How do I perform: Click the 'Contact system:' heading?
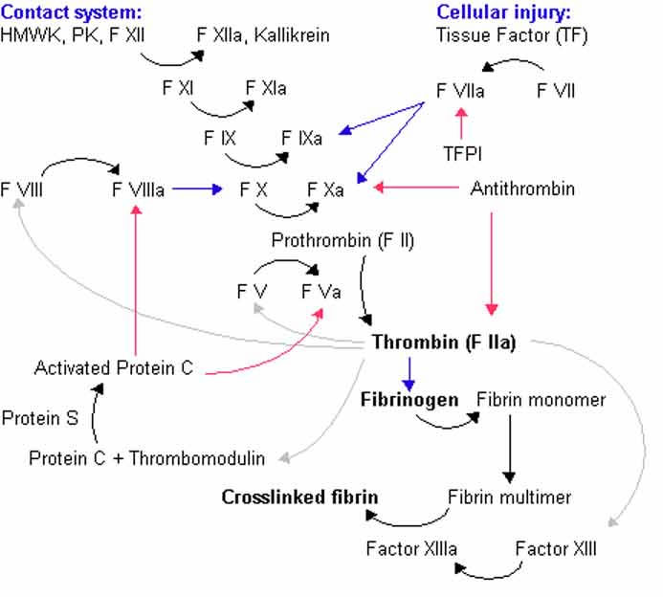[x=71, y=12]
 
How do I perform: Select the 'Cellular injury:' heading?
[x=503, y=12]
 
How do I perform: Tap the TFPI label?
[x=462, y=153]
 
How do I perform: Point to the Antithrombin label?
[x=522, y=188]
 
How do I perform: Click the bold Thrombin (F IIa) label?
[x=444, y=343]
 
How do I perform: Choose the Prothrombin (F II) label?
[x=343, y=240]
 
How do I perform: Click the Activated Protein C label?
[x=114, y=367]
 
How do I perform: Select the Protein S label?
[x=40, y=418]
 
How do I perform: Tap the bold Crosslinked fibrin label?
[x=299, y=497]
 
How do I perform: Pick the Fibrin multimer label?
[x=510, y=497]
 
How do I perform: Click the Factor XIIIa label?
[x=411, y=549]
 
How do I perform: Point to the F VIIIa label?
[x=139, y=189]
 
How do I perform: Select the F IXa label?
[x=301, y=139]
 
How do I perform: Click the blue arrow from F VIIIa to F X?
[x=197, y=189]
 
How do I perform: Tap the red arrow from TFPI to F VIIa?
[x=461, y=123]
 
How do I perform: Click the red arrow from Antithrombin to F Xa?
[x=416, y=187]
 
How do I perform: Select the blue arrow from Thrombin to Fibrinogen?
[x=409, y=374]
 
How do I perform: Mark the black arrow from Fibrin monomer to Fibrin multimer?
[x=510, y=449]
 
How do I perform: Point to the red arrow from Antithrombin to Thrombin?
[x=492, y=264]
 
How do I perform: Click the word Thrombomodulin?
[x=197, y=458]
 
